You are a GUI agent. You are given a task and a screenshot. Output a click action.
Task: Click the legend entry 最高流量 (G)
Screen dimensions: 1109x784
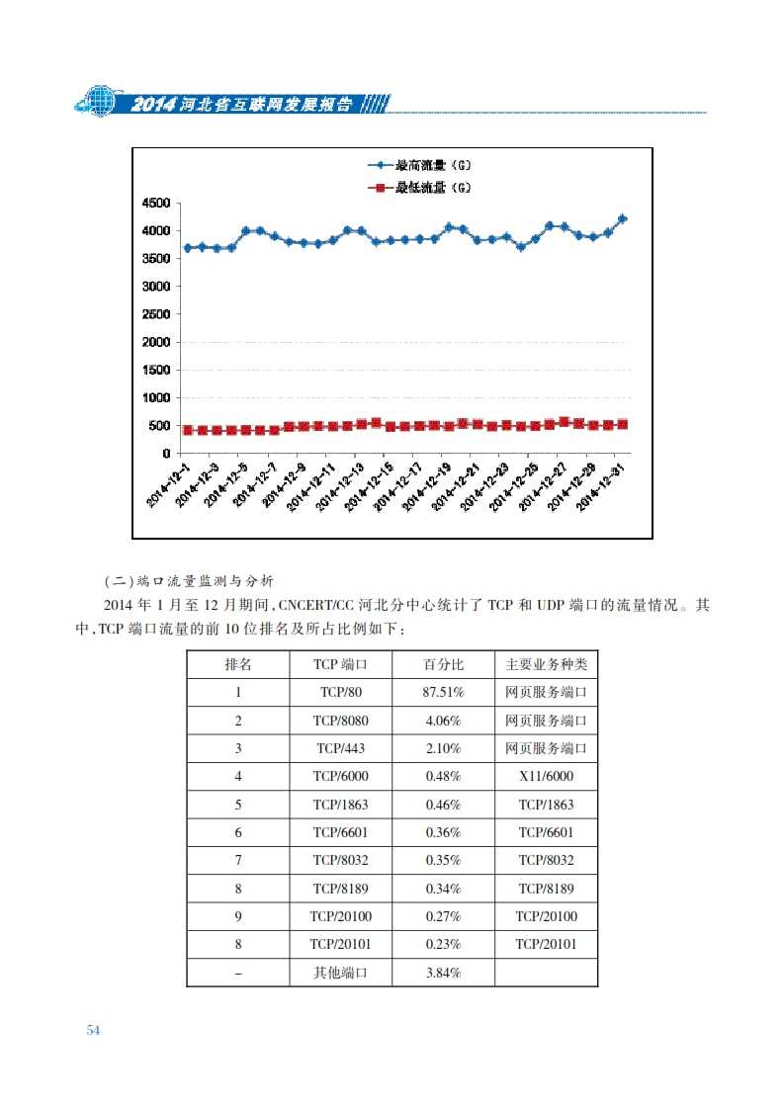[418, 165]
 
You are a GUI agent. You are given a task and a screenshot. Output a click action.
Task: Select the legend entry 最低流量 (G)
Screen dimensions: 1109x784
[418, 186]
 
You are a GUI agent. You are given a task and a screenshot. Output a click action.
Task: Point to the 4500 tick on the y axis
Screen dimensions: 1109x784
[158, 204]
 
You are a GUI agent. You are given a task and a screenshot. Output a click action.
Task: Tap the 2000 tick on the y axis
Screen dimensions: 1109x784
[158, 342]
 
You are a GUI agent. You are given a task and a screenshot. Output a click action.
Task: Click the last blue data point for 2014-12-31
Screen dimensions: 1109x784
[622, 218]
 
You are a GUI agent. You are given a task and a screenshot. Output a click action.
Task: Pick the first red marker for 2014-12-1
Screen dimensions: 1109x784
[188, 430]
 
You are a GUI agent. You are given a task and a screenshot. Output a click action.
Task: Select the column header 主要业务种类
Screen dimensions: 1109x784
[546, 664]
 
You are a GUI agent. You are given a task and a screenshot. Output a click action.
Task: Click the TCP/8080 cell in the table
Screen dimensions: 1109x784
[340, 721]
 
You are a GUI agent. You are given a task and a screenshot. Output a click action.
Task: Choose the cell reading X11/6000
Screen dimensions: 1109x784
[546, 777]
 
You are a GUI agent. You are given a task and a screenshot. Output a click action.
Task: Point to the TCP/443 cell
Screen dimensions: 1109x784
[340, 748]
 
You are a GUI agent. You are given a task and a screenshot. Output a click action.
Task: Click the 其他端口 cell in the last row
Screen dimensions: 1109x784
[340, 973]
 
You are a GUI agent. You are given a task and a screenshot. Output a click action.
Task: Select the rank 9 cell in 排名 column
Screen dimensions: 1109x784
[238, 916]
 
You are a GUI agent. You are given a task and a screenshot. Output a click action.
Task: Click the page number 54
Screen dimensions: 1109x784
[94, 1030]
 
